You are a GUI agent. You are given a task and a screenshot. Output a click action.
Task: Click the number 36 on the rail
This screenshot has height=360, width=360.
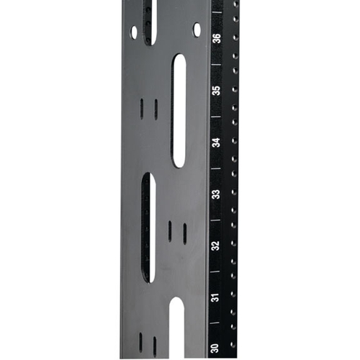(217, 38)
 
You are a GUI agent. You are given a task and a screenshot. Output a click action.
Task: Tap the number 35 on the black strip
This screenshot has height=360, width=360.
(217, 91)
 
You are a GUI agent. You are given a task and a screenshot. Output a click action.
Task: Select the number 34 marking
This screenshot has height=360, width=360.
(217, 143)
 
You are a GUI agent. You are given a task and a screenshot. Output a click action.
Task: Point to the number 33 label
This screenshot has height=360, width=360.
(216, 194)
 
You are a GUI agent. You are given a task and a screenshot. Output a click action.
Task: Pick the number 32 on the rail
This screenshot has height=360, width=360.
(216, 246)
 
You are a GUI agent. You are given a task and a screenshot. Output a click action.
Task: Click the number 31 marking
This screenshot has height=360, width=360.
(215, 297)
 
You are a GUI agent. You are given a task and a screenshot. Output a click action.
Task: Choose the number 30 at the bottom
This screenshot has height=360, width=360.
(215, 348)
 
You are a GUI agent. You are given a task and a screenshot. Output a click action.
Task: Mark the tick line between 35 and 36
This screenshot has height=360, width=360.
(216, 64)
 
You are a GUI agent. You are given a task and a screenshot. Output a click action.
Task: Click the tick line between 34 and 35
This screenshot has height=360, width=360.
(216, 117)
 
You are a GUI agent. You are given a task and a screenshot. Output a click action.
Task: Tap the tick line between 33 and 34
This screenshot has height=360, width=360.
(215, 168)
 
